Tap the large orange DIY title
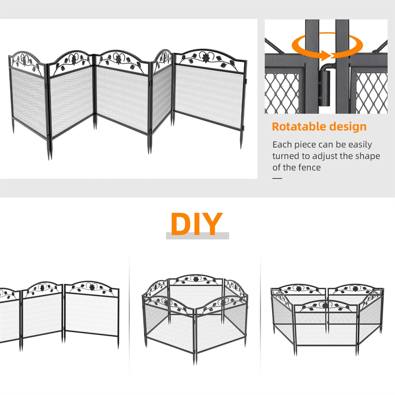click(196, 224)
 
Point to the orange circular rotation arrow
click(327, 46)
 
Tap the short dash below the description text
click(277, 178)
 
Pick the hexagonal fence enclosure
click(195, 316)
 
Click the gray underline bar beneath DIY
click(197, 236)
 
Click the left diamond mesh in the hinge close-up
click(282, 93)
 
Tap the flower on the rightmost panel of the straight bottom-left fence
click(92, 287)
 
